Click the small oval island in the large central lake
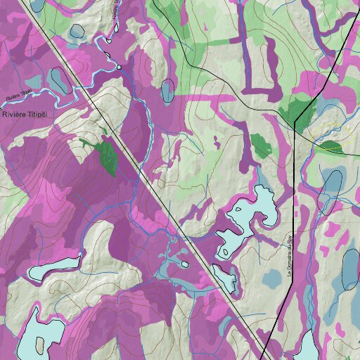point(224,251)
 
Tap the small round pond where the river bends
point(120,67)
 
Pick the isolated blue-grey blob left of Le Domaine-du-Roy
point(271,278)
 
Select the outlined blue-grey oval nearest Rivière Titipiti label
point(58,82)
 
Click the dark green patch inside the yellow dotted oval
point(330,148)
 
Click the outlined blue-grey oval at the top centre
point(167,90)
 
